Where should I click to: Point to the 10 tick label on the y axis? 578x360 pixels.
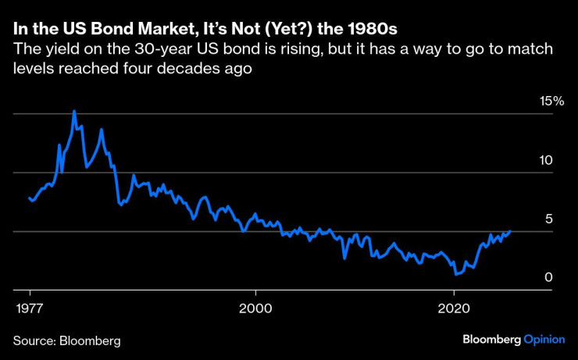545,160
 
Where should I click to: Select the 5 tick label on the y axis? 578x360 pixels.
548,219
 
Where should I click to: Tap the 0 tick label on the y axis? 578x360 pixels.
548,277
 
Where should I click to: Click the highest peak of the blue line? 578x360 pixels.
74,111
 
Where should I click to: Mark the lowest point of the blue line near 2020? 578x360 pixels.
456,275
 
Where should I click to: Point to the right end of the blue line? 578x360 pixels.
510,231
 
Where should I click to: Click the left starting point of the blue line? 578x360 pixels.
29,198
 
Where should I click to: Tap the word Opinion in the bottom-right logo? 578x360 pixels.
544,340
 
